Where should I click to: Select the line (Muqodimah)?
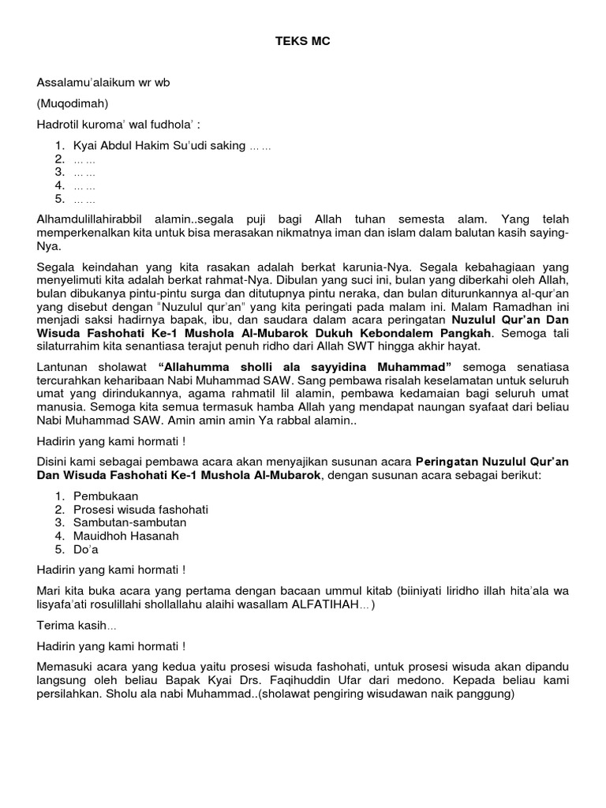point(72,103)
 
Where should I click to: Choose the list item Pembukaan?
point(106,496)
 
